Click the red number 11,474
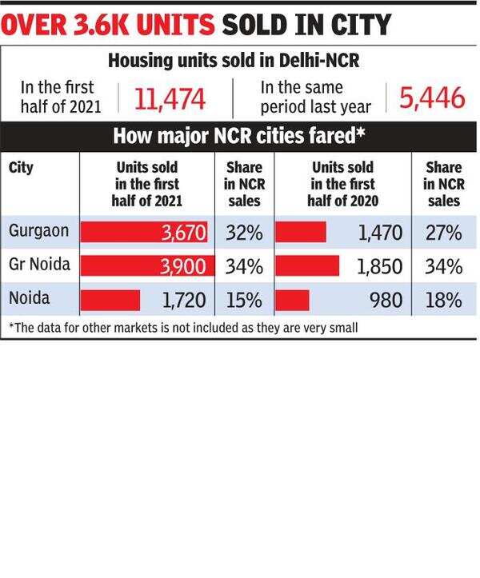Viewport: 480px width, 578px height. (x=170, y=99)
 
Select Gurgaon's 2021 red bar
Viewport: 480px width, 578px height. (x=145, y=233)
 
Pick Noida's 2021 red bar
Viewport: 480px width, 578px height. (x=110, y=300)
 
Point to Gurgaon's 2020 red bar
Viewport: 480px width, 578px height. (x=301, y=233)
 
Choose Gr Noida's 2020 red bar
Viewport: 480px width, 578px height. (x=307, y=266)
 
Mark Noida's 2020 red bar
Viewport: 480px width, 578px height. (x=293, y=300)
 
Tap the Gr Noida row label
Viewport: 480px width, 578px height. (x=40, y=265)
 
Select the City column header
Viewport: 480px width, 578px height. (x=21, y=169)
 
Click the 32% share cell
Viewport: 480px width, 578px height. (x=243, y=233)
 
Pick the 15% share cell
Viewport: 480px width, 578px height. (x=243, y=301)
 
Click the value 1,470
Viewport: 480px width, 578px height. (x=379, y=233)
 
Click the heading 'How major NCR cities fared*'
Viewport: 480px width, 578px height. (x=239, y=135)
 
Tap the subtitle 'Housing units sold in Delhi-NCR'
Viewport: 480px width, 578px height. (x=238, y=60)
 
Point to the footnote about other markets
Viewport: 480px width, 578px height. (x=182, y=328)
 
